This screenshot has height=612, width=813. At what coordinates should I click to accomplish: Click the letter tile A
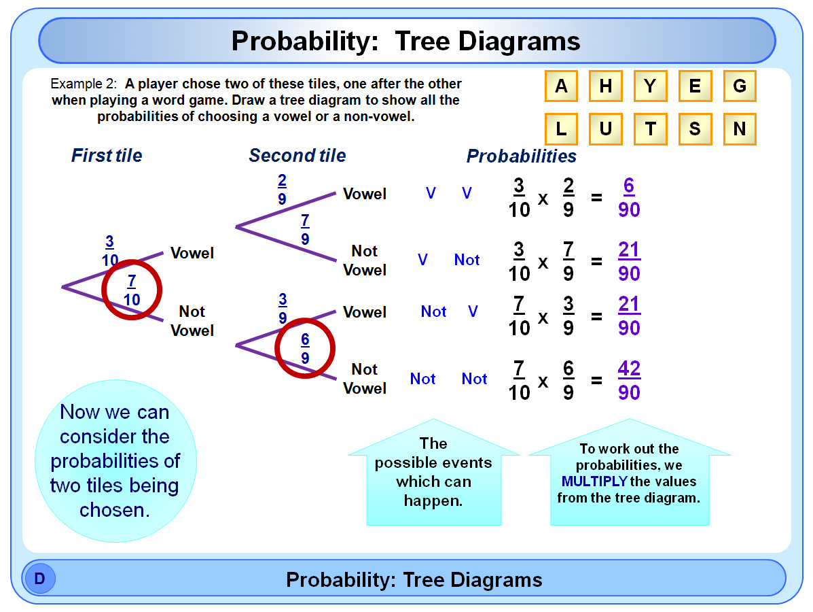561,86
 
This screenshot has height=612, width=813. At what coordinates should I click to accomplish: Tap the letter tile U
606,129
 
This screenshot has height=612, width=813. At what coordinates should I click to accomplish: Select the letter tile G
740,86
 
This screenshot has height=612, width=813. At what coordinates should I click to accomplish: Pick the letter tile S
695,129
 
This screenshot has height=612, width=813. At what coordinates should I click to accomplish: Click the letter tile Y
650,86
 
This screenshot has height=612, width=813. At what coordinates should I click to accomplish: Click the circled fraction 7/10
132,290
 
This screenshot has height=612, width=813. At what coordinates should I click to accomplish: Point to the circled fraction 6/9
305,349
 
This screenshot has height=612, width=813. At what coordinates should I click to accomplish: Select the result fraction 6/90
629,198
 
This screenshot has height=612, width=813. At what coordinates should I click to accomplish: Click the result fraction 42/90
629,381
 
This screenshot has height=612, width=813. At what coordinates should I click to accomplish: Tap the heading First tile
107,155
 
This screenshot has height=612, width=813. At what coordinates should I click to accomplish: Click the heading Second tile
297,155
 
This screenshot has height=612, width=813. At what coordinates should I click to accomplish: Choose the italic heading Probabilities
521,156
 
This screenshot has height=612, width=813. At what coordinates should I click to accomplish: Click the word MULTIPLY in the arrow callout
594,481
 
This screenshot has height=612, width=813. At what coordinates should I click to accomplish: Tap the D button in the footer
39,578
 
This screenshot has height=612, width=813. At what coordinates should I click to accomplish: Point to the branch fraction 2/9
282,190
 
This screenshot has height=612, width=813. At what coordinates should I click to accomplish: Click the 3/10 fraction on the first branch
110,251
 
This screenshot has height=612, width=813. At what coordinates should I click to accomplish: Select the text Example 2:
84,84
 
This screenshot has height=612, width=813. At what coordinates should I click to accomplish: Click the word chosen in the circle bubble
114,510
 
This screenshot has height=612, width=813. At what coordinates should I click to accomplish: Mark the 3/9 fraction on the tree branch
283,308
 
